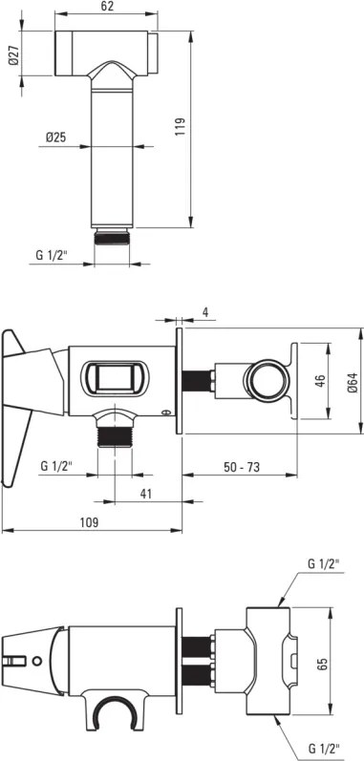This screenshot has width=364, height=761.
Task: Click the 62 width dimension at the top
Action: pyautogui.click(x=108, y=6)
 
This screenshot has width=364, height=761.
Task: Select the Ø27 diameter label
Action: pyautogui.click(x=14, y=53)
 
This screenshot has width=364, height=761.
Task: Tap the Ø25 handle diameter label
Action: pyautogui.click(x=55, y=137)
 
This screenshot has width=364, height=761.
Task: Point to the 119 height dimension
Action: pyautogui.click(x=180, y=127)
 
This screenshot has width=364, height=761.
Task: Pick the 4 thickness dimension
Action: pyautogui.click(x=205, y=312)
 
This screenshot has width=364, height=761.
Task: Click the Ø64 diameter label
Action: pyautogui.click(x=353, y=383)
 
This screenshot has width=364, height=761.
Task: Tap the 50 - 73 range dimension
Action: pyautogui.click(x=242, y=467)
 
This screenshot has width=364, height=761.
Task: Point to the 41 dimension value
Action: pyautogui.click(x=146, y=494)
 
